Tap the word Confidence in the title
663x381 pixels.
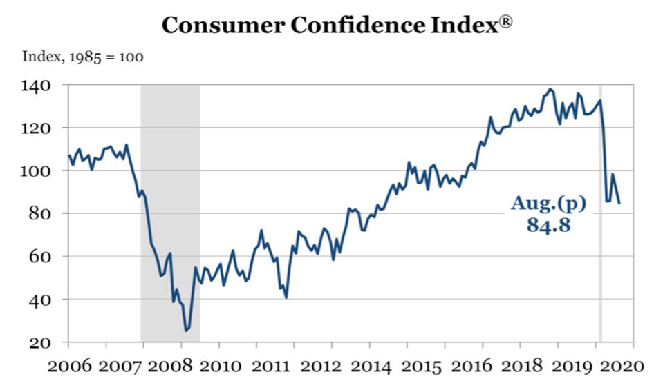pos(358,26)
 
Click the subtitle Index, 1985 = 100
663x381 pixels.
pos(83,57)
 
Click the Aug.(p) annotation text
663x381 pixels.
pos(548,203)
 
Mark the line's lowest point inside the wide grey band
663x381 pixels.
pos(186,331)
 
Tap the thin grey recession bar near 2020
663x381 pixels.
pos(599,214)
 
